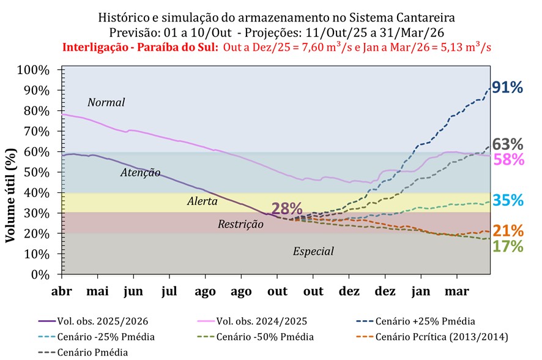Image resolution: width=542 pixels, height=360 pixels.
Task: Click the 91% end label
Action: (507, 88)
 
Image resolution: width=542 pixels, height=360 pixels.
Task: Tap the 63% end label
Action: (508, 144)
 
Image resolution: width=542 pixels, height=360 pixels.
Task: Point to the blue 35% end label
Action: (508, 200)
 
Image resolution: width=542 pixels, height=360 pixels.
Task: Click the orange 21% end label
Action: (508, 231)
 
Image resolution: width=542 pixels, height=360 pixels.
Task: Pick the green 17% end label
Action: (508, 246)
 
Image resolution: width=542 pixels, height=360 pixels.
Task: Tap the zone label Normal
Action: (106, 102)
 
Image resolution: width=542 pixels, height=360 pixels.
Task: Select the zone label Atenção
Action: (140, 173)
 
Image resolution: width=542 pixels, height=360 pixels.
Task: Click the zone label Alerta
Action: (202, 201)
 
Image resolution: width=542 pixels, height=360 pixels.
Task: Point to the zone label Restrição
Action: (240, 224)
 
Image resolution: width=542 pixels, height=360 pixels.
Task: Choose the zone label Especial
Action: (313, 251)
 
